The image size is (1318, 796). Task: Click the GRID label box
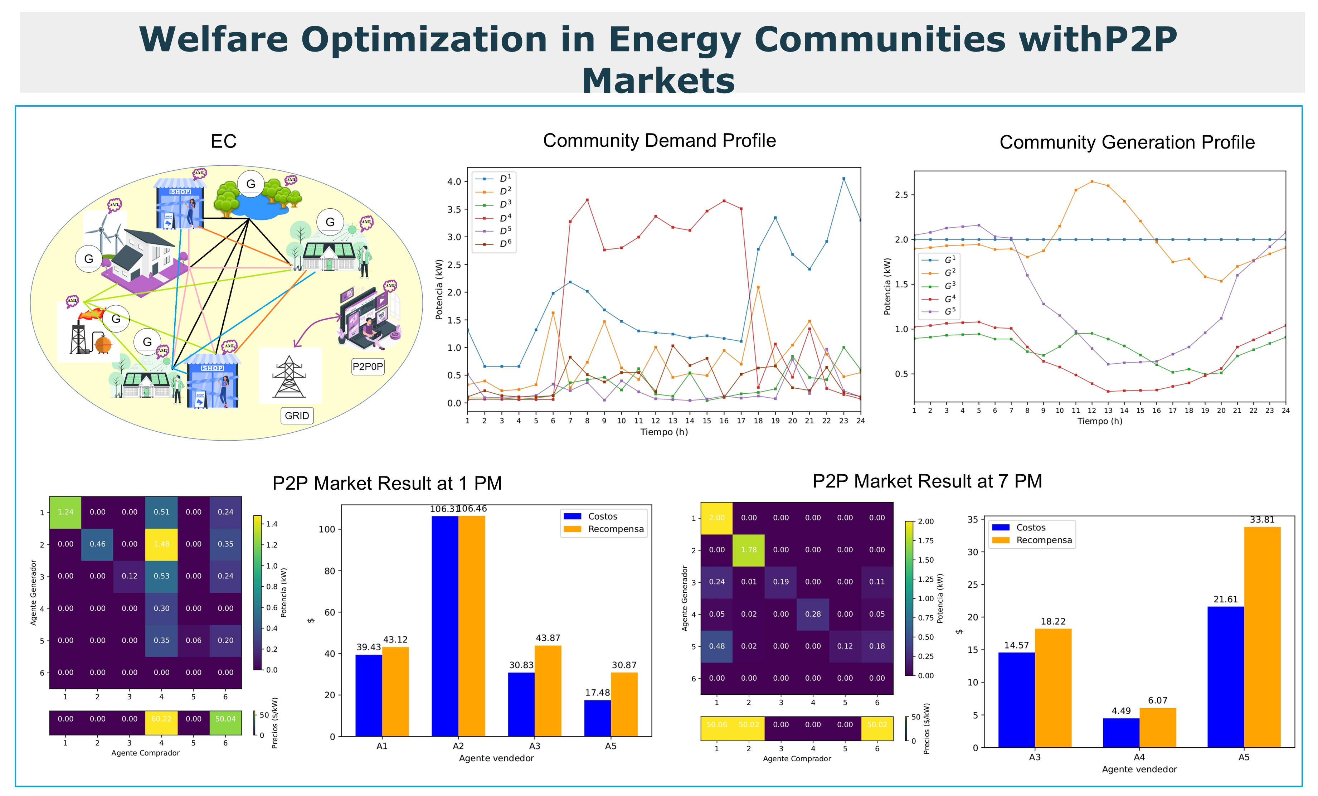pyautogui.click(x=297, y=416)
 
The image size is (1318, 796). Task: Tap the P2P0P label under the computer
pyautogui.click(x=368, y=367)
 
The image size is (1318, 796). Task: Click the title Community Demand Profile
pyautogui.click(x=659, y=141)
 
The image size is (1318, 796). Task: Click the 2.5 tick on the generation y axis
pyautogui.click(x=901, y=195)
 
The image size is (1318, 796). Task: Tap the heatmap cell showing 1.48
pyautogui.click(x=161, y=544)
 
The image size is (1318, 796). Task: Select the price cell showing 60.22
pyautogui.click(x=161, y=719)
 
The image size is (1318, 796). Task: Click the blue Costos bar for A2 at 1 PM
pyautogui.click(x=445, y=626)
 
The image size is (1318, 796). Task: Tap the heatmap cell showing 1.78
pyautogui.click(x=749, y=550)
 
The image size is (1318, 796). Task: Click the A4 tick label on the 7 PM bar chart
pyautogui.click(x=1139, y=757)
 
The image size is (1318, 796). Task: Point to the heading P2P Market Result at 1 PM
pyautogui.click(x=387, y=484)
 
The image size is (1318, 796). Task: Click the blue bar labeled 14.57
pyautogui.click(x=1016, y=700)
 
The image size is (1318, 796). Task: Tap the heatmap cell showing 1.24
pyautogui.click(x=65, y=512)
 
